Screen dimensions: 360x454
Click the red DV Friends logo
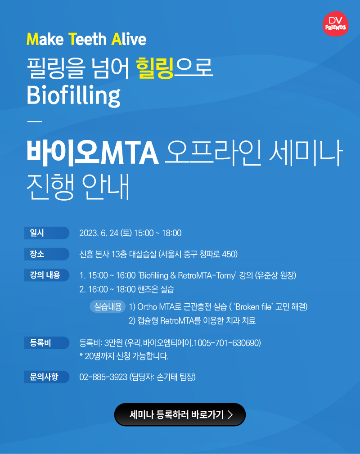point(335,24)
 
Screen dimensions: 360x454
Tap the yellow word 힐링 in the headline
point(155,68)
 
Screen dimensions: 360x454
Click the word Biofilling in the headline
point(73,96)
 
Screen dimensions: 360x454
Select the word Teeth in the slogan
point(87,40)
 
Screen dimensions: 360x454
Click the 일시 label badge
point(47,233)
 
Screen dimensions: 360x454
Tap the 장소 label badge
point(47,254)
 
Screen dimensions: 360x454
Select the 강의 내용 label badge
point(47,275)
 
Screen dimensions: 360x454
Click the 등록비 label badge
point(47,343)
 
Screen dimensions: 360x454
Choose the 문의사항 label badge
point(47,377)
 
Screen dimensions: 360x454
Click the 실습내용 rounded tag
point(108,306)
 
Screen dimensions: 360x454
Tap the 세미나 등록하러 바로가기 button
point(180,414)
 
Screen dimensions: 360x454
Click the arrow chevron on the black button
point(230,414)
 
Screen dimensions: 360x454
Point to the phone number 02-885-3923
point(103,377)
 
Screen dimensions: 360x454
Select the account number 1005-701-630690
point(226,343)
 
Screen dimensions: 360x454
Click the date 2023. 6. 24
point(99,233)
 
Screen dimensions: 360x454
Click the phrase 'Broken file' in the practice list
point(253,306)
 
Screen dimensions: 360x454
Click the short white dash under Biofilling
point(35,121)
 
